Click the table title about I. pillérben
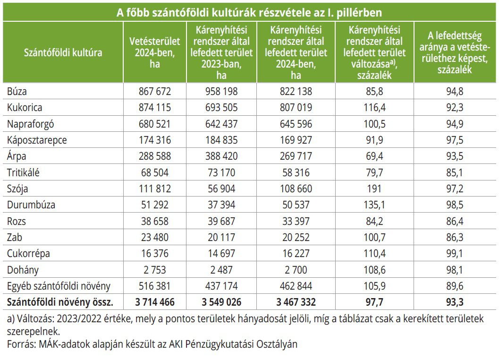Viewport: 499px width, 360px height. (x=249, y=11)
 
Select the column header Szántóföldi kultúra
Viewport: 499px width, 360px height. (x=63, y=52)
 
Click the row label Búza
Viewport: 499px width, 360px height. (x=17, y=91)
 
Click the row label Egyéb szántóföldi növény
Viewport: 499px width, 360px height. (x=59, y=286)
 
